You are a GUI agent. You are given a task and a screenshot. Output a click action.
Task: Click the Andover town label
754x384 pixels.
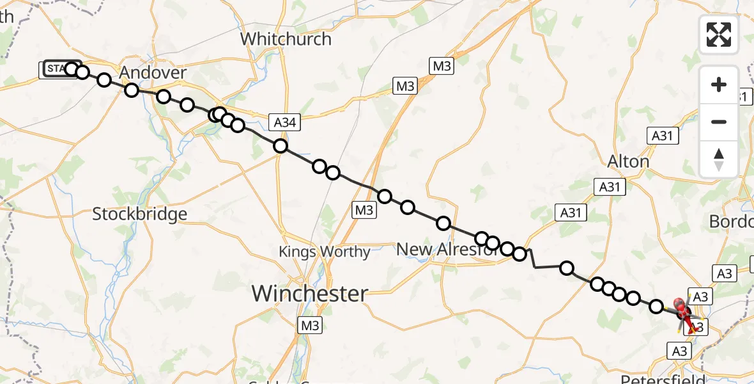tap(153, 72)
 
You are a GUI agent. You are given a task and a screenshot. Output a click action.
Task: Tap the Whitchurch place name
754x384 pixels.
tap(286, 39)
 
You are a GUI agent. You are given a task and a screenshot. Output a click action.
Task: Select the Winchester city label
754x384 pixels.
tap(310, 294)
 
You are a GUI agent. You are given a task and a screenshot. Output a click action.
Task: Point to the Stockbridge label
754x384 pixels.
tap(139, 214)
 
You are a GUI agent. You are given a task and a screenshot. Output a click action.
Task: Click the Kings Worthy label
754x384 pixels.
tap(325, 252)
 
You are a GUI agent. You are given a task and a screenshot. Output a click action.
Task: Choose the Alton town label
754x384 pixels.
tap(629, 161)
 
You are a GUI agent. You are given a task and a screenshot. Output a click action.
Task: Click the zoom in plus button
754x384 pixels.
tap(719, 84)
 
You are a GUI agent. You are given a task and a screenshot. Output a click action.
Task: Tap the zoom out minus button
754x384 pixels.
tap(719, 122)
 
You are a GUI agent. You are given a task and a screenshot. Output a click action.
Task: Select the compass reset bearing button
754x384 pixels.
tap(719, 159)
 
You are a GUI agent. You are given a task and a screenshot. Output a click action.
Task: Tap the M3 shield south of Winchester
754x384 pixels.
tap(310, 326)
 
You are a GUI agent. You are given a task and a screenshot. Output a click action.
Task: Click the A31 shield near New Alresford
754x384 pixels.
tap(571, 212)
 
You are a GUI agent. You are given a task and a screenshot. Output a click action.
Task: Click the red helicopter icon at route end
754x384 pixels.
tap(682, 310)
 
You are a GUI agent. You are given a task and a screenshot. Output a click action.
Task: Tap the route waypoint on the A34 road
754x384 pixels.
tap(280, 147)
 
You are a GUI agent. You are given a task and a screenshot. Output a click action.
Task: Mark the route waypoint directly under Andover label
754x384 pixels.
tap(132, 90)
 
